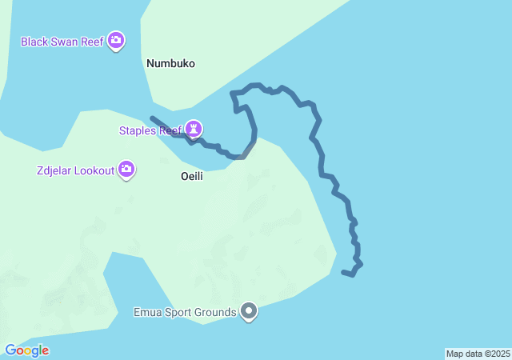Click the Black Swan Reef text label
click(x=62, y=42)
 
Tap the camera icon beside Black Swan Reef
click(x=116, y=40)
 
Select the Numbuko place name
click(x=170, y=63)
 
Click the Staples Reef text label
click(x=150, y=130)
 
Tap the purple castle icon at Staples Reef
click(x=193, y=128)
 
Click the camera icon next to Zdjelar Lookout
click(x=126, y=169)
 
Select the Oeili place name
click(x=192, y=176)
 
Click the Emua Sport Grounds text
click(x=185, y=312)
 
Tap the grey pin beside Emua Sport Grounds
click(x=249, y=311)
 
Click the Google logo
click(x=26, y=350)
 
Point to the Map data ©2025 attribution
click(x=478, y=354)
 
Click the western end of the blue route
click(x=152, y=118)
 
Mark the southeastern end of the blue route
click(x=343, y=273)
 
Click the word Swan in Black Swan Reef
click(x=66, y=42)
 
